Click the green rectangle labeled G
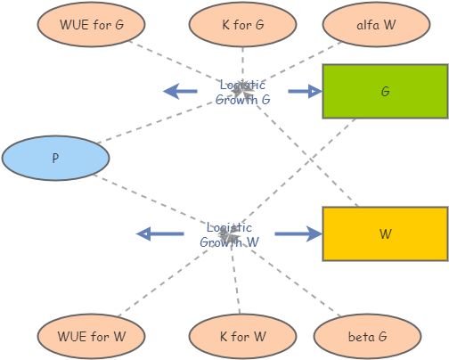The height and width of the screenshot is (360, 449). pos(385,92)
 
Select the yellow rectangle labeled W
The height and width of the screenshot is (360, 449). pos(385,234)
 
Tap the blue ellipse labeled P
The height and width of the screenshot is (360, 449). pos(55,159)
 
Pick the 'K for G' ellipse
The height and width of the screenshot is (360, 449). pos(242,24)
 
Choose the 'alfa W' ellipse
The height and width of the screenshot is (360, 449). pos(377,24)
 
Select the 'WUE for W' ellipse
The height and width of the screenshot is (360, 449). pos(90,337)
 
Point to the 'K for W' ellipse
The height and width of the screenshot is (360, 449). pos(242,337)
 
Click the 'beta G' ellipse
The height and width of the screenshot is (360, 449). pos(367,337)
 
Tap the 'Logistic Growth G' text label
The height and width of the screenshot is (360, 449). pos(242,92)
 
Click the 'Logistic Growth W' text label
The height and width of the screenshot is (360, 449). pos(230,234)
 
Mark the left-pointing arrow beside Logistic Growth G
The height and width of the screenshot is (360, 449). pos(180,91)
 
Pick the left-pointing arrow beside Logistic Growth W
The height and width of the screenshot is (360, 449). pos(160,233)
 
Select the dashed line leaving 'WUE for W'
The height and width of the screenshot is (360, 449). pos(169,281)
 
